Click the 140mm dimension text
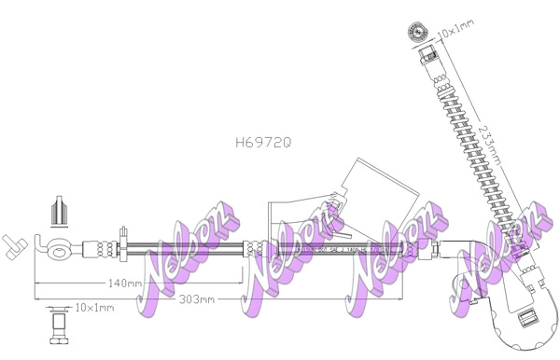point(123,283)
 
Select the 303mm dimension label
point(197,298)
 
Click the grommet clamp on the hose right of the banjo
point(122,248)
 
